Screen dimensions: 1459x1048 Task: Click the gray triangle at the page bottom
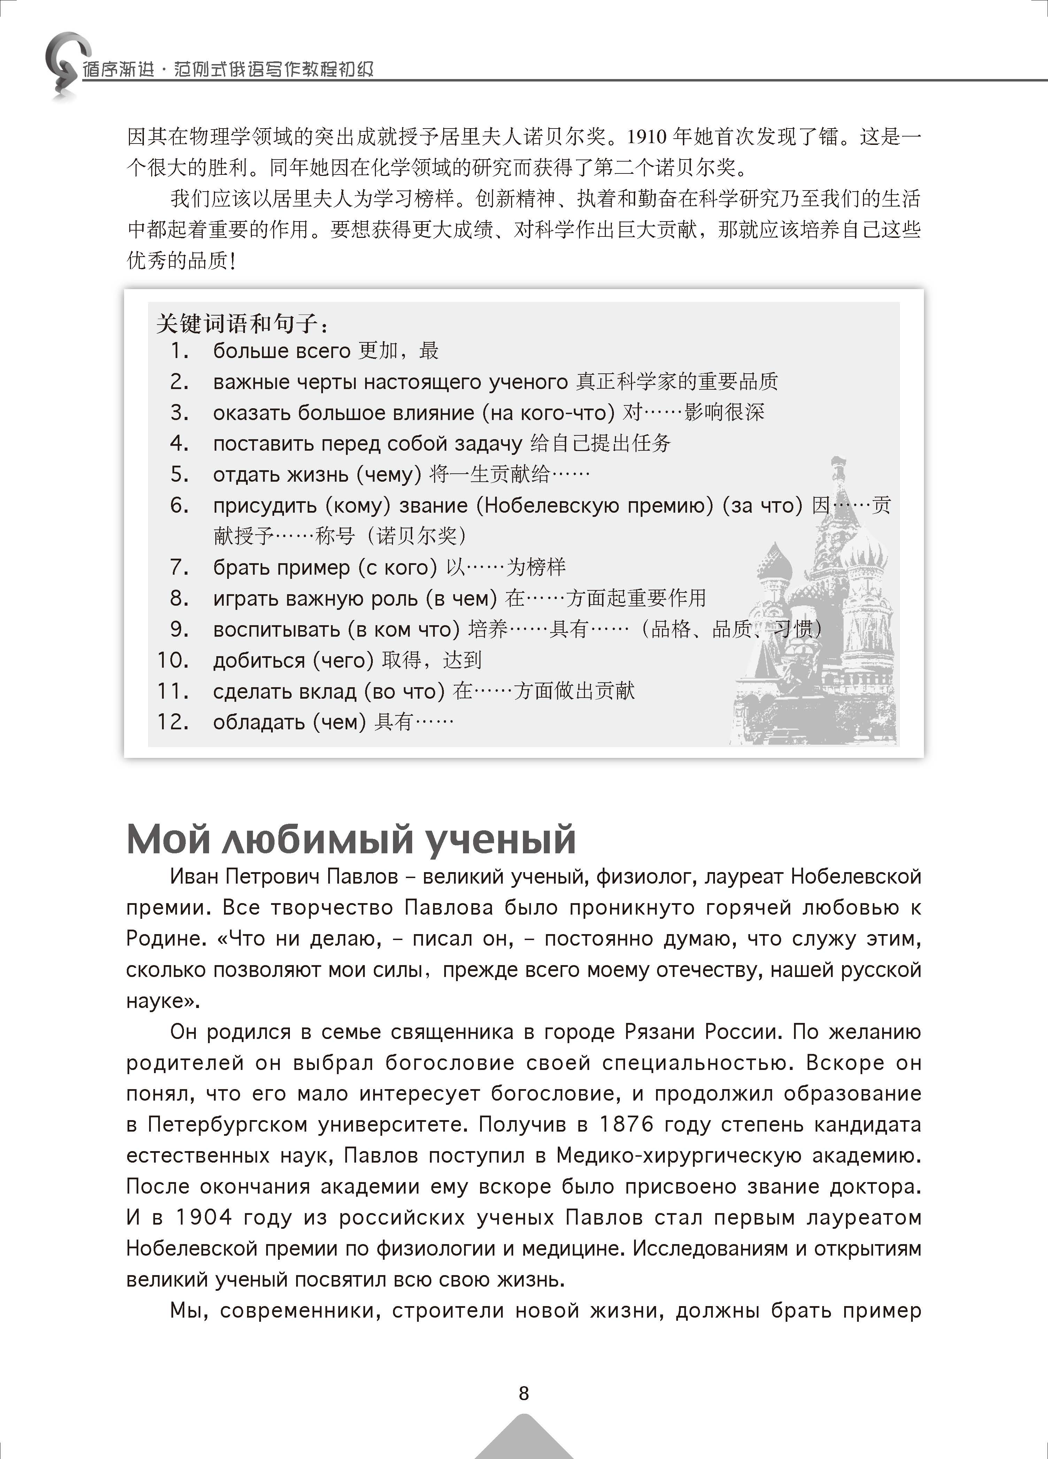point(524,1438)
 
